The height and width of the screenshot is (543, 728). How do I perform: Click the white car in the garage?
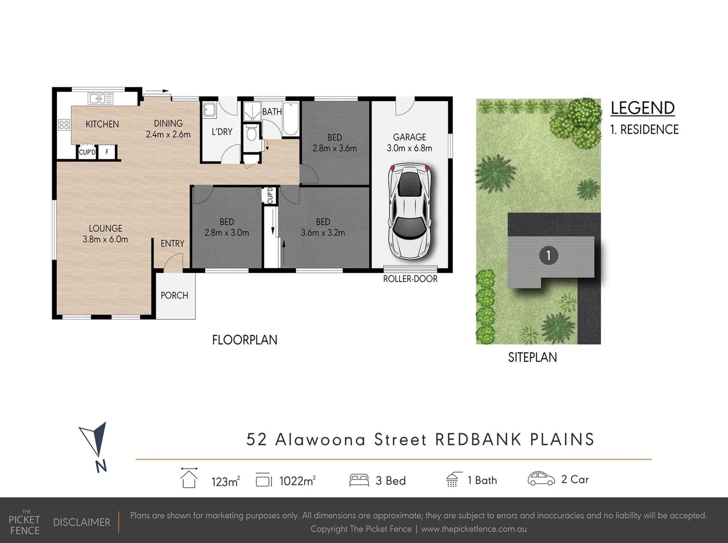tap(410, 211)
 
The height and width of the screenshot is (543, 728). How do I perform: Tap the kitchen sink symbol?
tap(101, 99)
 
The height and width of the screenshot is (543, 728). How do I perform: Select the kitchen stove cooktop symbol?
tap(64, 125)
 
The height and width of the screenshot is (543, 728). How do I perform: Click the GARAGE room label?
tap(409, 137)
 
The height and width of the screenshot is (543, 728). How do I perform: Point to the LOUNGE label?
tap(106, 228)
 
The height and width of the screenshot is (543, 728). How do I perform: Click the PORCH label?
tap(174, 296)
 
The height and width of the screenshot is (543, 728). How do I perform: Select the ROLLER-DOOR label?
tap(410, 279)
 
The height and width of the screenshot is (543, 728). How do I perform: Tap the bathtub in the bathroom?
tap(291, 119)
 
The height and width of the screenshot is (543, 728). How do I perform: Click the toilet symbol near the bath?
tap(251, 133)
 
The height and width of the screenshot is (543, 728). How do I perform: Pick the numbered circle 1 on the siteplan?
tap(548, 255)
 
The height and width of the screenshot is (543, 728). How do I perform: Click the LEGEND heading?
tap(643, 108)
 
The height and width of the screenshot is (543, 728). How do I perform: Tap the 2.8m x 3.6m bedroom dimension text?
tap(334, 148)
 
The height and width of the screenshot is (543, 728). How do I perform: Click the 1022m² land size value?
tap(297, 481)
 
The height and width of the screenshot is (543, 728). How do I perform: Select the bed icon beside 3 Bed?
tap(359, 480)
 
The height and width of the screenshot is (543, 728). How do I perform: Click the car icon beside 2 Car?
tap(541, 479)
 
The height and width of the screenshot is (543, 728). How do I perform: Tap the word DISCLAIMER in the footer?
tap(81, 522)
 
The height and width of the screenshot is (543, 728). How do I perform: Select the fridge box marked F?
tap(107, 152)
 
